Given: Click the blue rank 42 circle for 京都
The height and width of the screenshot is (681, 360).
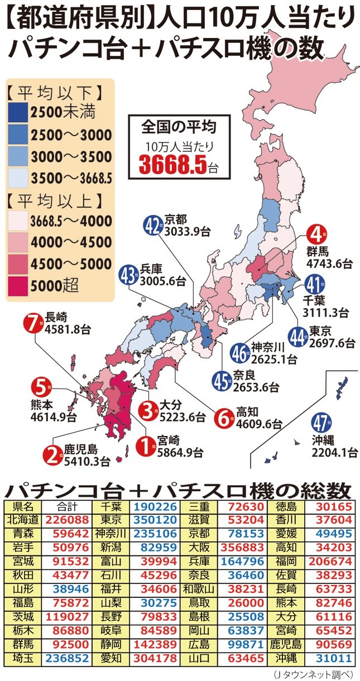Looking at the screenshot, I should coord(152,226).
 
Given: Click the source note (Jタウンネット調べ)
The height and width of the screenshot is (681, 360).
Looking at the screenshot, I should coord(315,674).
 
